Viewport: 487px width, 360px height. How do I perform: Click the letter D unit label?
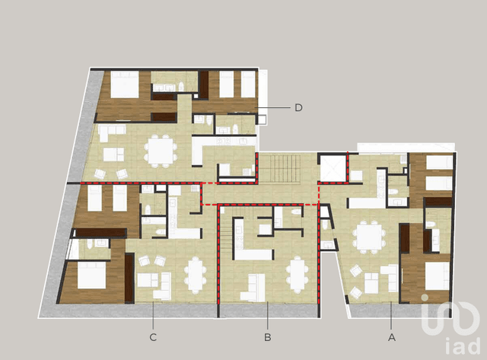pos(298,107)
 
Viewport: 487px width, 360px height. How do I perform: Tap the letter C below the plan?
pos(153,336)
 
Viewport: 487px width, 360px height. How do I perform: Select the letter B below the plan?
pos(267,336)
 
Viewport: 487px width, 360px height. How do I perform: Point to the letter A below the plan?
pos(392,336)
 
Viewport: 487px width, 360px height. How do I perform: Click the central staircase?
pos(286,167)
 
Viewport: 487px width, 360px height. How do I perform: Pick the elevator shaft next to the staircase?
pos(333,167)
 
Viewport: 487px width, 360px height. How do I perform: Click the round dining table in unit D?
pos(160,150)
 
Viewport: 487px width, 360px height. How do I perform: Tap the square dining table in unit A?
pos(370,235)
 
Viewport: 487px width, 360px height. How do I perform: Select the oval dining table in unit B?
pos(298,273)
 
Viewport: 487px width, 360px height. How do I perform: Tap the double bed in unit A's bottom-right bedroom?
pos(437,276)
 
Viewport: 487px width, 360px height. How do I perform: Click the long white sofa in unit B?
pos(253,288)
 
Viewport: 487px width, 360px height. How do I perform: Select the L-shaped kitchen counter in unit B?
pos(251,251)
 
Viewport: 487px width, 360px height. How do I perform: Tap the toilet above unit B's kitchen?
pos(298,218)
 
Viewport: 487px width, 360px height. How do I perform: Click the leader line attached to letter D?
pos(275,107)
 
